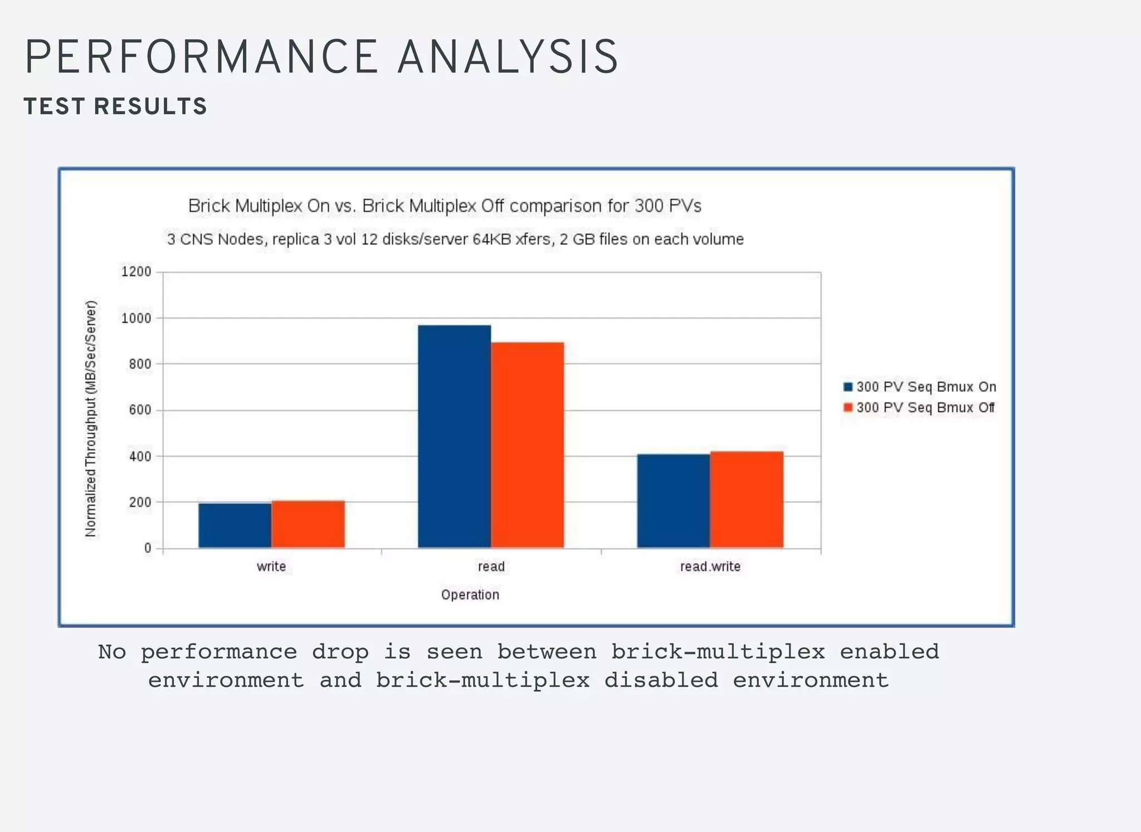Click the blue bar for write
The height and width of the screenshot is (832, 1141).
(235, 525)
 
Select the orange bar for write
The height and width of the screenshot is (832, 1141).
(308, 524)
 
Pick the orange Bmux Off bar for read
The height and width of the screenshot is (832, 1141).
(528, 445)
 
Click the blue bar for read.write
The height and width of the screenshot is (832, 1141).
(674, 501)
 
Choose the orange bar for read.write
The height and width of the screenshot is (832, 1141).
(747, 500)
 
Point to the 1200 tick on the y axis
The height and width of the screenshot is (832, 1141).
(136, 272)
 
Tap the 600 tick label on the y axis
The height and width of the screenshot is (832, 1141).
(136, 410)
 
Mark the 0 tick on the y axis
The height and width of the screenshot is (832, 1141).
(148, 548)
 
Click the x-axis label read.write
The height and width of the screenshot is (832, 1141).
(710, 566)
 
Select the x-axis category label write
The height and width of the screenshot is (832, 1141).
(271, 566)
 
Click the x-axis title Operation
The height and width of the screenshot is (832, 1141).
(470, 595)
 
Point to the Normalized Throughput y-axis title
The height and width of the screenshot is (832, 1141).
(91, 418)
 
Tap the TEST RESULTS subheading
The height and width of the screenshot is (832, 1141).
(115, 106)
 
